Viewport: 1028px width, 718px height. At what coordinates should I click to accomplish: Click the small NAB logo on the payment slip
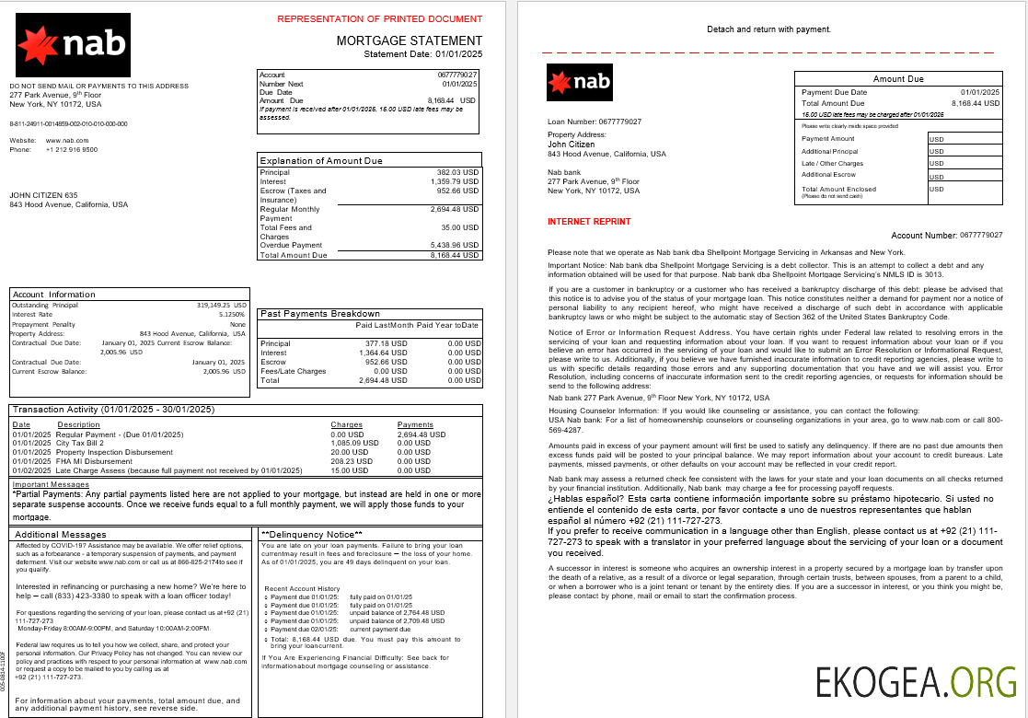[579, 81]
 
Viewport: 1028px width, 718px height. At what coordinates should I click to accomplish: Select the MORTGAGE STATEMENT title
[409, 41]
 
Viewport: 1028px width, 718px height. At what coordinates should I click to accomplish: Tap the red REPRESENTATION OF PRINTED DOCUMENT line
[379, 18]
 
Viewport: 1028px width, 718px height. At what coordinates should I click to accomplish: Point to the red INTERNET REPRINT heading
[589, 222]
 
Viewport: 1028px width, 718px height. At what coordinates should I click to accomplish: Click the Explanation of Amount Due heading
[321, 161]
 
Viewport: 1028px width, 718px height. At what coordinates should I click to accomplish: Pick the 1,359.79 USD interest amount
[456, 181]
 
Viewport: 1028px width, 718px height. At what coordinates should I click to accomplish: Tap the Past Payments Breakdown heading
[320, 314]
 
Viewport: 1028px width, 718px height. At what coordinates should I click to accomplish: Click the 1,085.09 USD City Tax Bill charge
[354, 443]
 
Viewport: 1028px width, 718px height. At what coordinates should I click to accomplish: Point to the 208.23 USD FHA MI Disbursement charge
[355, 461]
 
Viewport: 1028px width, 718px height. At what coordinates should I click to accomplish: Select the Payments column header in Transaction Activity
[415, 424]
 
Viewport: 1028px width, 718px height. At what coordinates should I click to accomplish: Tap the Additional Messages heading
[60, 534]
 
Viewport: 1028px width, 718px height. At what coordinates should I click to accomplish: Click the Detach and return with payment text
[768, 29]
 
